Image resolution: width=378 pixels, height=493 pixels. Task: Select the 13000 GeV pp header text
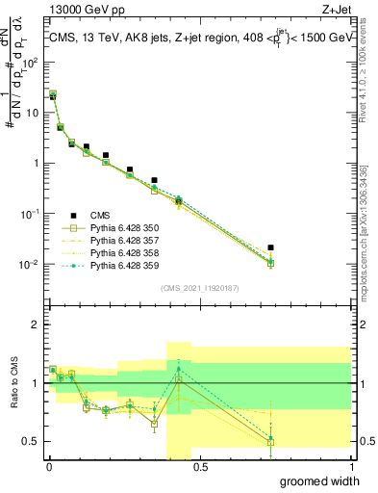pos(80,11)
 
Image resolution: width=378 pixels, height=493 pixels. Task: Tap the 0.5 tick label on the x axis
pos(199,467)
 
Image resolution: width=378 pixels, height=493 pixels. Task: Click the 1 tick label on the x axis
pos(351,467)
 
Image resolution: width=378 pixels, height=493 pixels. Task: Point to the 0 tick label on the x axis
pos(48,467)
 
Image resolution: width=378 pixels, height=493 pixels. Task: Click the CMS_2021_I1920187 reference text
pos(199,289)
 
